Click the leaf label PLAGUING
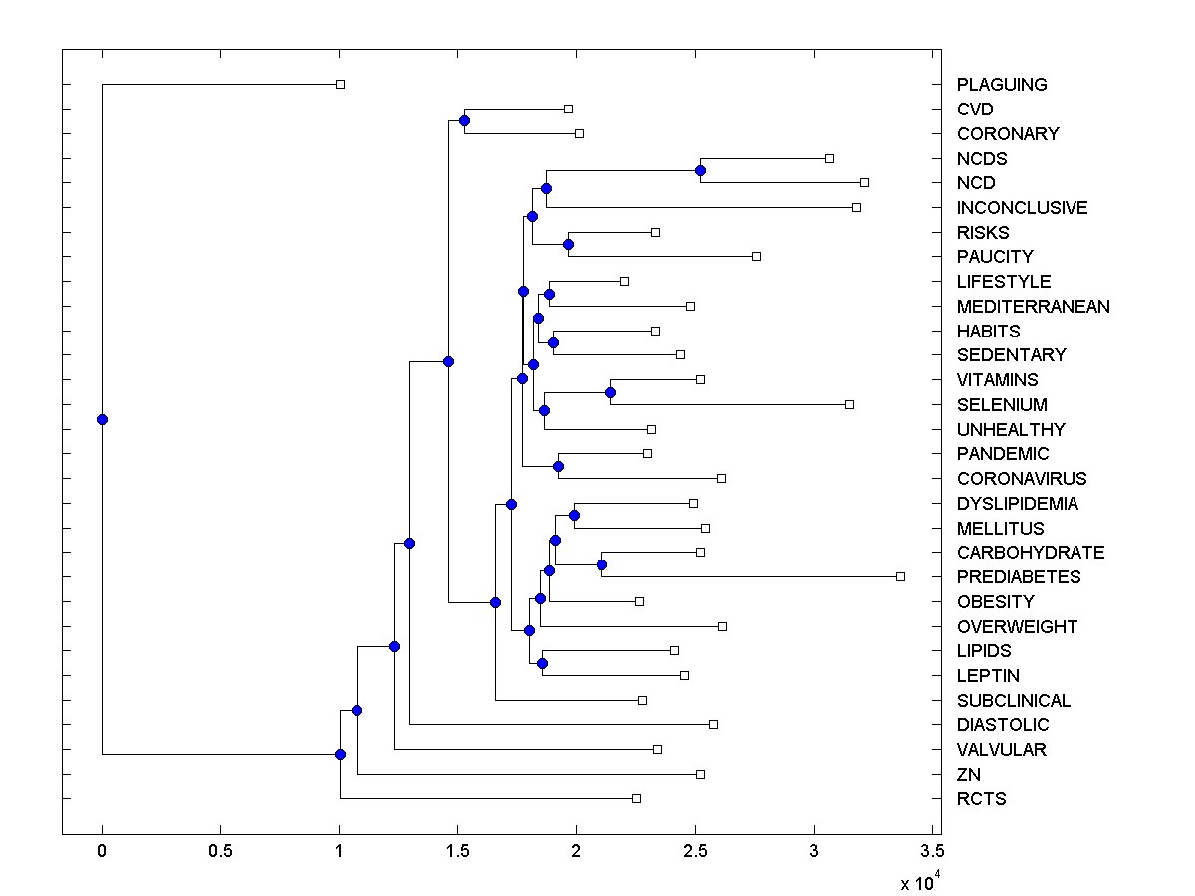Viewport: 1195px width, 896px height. tap(1002, 85)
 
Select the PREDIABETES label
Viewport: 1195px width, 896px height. tap(1018, 577)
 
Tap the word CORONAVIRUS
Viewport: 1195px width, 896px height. tap(1022, 479)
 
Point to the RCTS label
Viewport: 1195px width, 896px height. tap(981, 799)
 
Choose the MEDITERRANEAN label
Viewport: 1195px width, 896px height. tap(1033, 307)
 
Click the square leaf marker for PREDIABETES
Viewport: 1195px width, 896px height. tap(900, 576)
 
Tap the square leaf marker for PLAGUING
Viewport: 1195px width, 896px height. tap(340, 84)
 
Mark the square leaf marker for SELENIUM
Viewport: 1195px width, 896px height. tap(849, 404)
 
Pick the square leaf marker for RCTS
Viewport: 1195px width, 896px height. tap(636, 798)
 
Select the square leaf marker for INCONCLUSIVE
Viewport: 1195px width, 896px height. tap(856, 207)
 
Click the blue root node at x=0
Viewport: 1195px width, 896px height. tap(102, 419)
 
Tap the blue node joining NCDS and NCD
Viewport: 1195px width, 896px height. tap(700, 170)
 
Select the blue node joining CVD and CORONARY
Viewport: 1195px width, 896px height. tap(464, 120)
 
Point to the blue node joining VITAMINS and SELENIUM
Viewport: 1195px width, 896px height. tap(610, 392)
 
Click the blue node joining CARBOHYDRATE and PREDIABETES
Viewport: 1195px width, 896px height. tap(601, 564)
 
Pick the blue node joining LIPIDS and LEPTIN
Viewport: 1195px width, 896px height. tap(542, 663)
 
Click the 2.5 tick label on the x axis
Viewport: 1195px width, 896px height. tap(695, 852)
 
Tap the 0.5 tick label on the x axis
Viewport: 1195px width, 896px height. tap(220, 852)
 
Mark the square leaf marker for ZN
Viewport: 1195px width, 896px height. tap(700, 774)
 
